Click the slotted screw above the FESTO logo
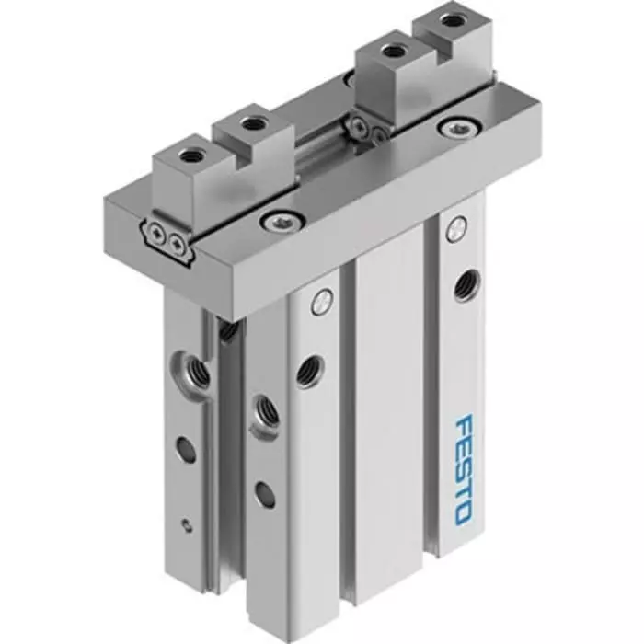pos(454,231)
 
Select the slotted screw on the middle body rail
pos(320,299)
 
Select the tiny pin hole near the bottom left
pos(188,525)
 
